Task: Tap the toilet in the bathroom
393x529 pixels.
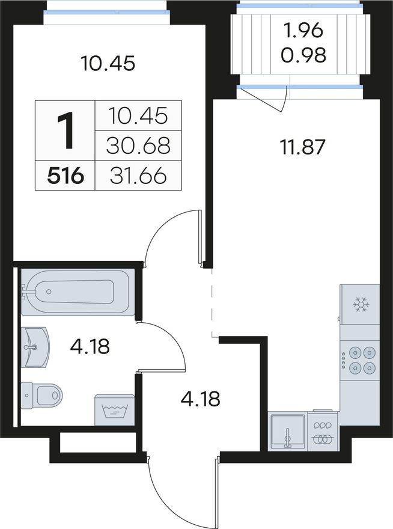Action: point(42,395)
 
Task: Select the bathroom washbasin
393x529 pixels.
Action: point(35,347)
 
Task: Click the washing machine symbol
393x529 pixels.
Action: point(114,410)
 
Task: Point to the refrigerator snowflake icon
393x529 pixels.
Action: point(361,305)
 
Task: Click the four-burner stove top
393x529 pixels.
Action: point(359,360)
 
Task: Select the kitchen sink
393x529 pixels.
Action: point(288,431)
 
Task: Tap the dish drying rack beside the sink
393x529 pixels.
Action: point(323,431)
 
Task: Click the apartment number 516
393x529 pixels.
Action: point(65,176)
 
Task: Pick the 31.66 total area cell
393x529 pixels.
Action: point(138,176)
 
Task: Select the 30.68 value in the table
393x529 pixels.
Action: point(138,145)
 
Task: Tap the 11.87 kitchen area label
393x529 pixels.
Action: point(303,147)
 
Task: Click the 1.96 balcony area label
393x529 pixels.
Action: point(303,31)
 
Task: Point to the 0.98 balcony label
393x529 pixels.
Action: point(303,55)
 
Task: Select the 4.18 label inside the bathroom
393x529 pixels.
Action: point(90,346)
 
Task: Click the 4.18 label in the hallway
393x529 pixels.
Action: point(200,399)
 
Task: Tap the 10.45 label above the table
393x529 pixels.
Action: point(108,63)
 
